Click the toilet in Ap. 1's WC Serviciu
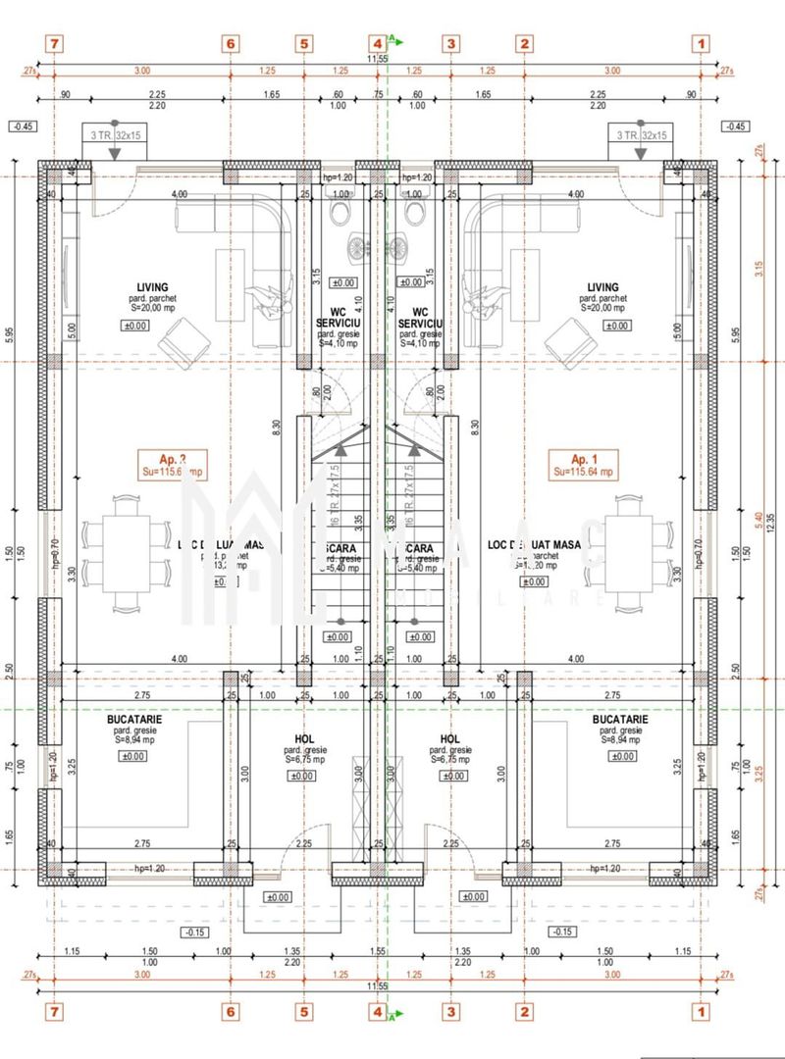[x=413, y=214]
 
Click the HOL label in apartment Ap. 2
[x=304, y=737]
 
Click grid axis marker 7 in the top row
[x=55, y=43]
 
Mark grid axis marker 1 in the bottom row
[x=701, y=1008]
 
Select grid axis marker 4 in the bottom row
[x=378, y=1008]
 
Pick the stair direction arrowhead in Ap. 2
[x=340, y=449]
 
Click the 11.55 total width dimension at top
[x=378, y=60]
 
